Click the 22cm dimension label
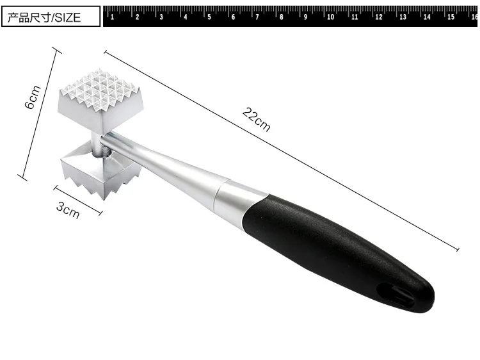pos(256,120)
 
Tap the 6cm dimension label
pos(33,97)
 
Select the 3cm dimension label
pos(68,211)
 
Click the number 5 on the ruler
pos(209,17)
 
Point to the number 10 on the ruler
pos(330,17)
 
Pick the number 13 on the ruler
pos(403,17)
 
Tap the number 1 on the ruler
pos(113,17)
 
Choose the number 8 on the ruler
pos(282,17)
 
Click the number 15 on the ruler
pos(451,17)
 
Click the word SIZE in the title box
pos(68,18)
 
